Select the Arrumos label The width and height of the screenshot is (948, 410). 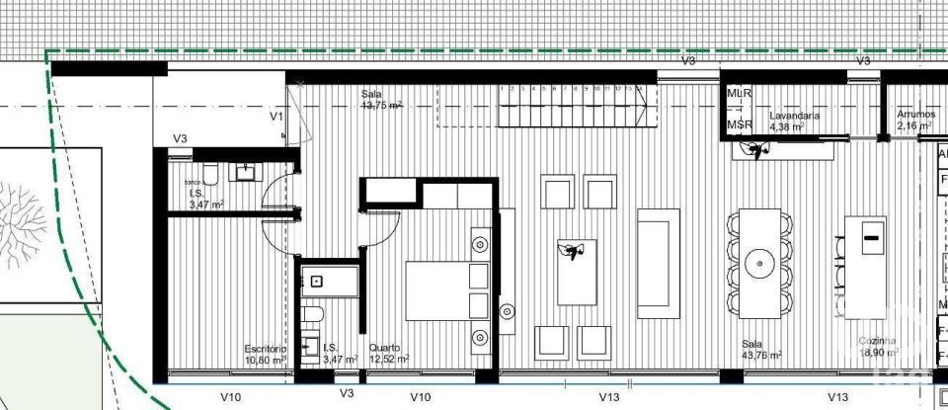(x=914, y=121)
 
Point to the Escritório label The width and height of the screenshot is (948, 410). (x=265, y=354)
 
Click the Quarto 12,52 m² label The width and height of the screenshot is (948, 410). (x=388, y=354)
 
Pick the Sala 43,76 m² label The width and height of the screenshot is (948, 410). (x=761, y=350)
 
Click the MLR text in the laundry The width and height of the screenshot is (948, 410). (x=740, y=93)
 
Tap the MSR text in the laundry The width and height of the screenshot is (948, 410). (x=740, y=124)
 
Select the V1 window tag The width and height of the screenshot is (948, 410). (x=277, y=117)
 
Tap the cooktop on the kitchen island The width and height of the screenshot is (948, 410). (x=872, y=237)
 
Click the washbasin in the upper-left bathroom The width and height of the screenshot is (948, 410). (x=244, y=173)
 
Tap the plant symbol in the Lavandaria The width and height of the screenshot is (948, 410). (x=757, y=150)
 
